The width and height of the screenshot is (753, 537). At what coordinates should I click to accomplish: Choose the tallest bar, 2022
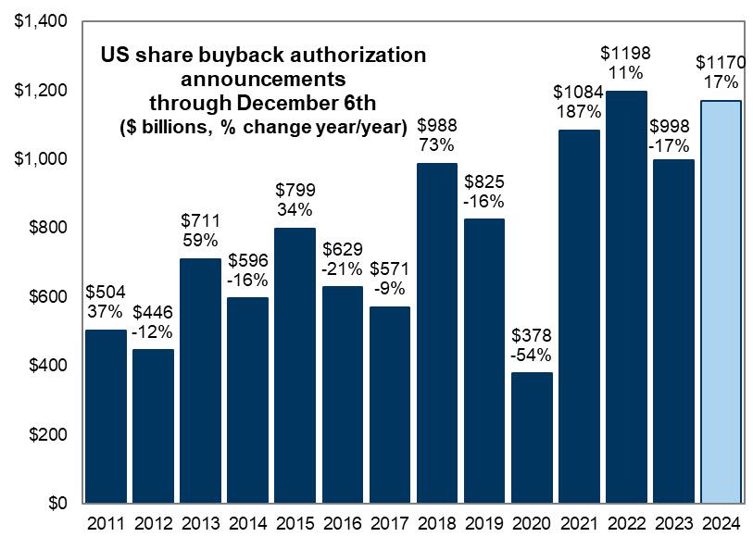pos(625,296)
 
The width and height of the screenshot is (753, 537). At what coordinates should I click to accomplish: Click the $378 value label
pos(530,334)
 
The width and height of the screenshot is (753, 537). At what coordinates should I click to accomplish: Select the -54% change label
pos(530,355)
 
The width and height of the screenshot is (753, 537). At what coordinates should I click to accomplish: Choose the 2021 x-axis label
pos(578,521)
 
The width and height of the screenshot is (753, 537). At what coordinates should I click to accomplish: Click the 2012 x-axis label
pos(152,521)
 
